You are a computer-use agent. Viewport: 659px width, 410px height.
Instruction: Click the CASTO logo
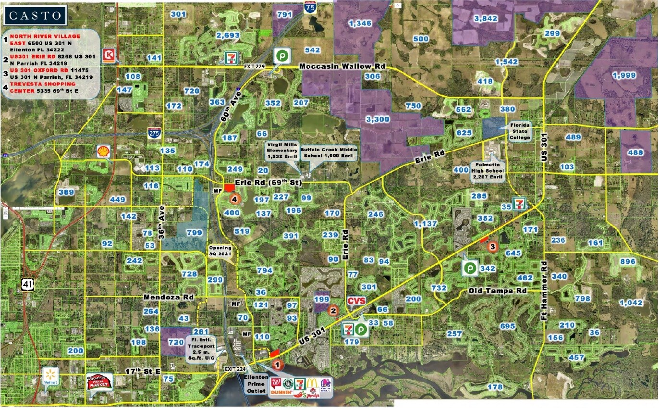[x=36, y=16]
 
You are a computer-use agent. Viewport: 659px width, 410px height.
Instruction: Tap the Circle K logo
[x=110, y=55]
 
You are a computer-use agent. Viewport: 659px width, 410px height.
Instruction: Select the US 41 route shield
[x=27, y=284]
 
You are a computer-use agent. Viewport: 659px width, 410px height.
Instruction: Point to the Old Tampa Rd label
[x=498, y=292]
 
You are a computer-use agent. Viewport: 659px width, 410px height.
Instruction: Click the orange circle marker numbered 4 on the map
[x=234, y=198]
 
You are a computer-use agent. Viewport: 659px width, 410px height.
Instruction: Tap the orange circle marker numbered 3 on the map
[x=492, y=247]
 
